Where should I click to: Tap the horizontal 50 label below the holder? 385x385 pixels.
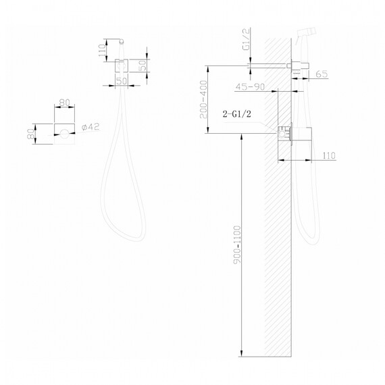(x=123, y=81)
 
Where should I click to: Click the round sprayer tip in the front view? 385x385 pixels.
(x=124, y=41)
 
